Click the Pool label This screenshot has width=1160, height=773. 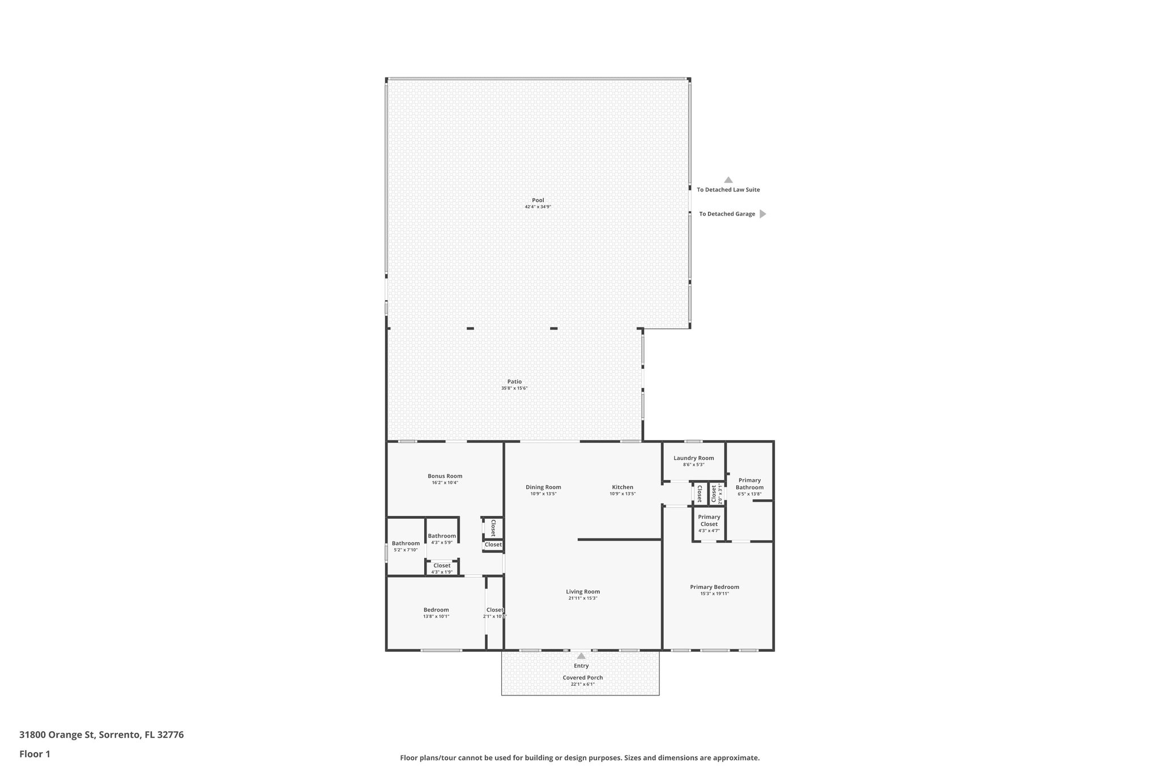538,200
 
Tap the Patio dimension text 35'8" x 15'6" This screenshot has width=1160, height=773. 514,388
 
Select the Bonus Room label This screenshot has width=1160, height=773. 445,476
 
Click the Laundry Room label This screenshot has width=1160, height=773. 693,458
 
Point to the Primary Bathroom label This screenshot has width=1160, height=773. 749,484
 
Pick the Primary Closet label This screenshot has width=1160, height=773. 709,520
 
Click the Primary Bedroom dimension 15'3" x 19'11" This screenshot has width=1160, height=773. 714,593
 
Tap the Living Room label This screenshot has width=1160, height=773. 582,591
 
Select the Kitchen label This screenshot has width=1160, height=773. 622,487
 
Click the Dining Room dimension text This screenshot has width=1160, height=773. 543,494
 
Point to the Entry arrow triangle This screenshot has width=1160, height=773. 581,656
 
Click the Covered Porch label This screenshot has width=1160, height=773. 582,677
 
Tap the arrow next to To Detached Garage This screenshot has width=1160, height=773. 762,214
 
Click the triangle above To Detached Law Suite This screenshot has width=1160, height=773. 728,180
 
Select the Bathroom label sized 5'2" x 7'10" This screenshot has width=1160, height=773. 406,543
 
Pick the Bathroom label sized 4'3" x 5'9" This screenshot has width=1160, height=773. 441,536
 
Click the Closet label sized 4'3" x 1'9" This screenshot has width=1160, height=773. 442,565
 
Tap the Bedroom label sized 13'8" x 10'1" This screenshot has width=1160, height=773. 436,609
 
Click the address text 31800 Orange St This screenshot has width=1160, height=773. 57,735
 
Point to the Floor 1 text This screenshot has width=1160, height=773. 35,754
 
